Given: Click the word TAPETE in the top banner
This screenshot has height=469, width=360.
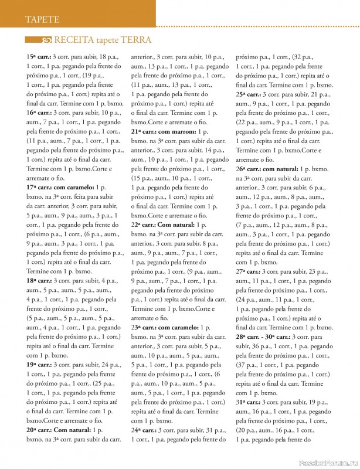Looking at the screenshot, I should click(x=42, y=19).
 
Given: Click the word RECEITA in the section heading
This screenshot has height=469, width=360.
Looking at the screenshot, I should click(x=74, y=40).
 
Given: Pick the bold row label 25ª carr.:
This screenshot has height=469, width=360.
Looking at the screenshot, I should click(x=248, y=94).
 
